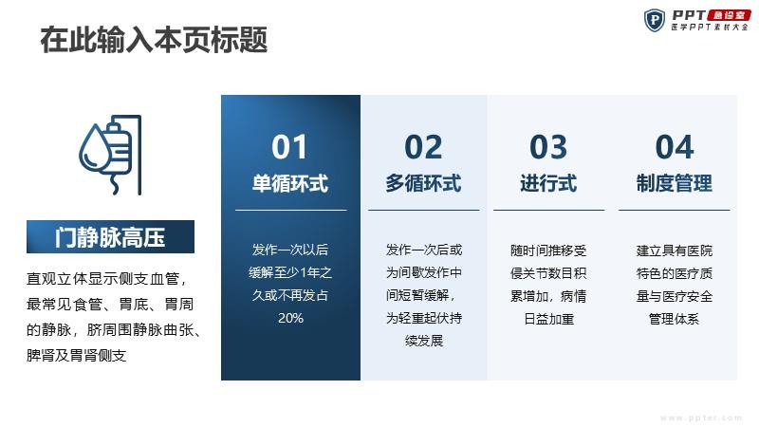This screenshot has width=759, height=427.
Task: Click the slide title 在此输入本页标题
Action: point(154,40)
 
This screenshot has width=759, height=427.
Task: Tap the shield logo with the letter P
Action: point(654,20)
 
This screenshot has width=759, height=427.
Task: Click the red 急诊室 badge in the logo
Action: point(729,15)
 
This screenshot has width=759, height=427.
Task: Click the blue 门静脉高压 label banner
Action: point(110,236)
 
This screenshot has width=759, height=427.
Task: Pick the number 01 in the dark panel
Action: point(289,147)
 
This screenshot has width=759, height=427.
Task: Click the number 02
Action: point(423,147)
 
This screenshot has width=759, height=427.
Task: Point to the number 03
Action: point(548,147)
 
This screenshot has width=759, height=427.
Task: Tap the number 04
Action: point(675,147)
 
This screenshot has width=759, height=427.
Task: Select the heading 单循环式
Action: point(290,183)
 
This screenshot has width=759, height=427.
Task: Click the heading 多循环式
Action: point(423,183)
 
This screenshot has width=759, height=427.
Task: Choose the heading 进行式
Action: point(548,183)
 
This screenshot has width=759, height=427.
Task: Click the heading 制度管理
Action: point(675,183)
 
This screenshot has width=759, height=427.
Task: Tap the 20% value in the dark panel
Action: point(290,318)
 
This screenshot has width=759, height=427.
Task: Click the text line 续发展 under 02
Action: point(424,341)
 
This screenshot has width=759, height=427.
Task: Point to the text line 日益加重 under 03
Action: point(549,319)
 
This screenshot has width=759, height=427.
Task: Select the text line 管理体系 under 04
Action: point(674,319)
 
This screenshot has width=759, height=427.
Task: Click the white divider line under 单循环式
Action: point(291,210)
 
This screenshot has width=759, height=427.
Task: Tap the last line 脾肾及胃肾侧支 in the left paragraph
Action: point(77,356)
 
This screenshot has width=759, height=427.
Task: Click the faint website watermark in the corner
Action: point(701,418)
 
